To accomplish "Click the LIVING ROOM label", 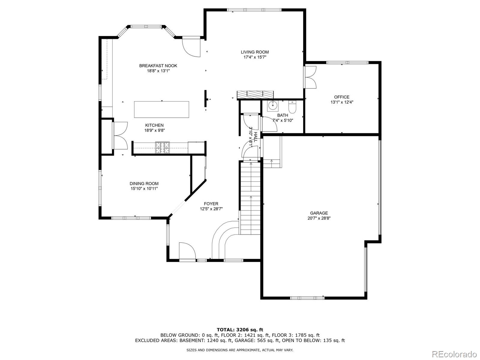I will [255, 52].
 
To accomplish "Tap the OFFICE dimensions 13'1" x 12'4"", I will [342, 102].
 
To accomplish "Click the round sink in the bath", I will [273, 106].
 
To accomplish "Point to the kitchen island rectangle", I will [161, 110].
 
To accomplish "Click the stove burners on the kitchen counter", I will [162, 147].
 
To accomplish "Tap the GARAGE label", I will [319, 213].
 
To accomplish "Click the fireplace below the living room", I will [255, 95].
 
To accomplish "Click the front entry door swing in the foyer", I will [187, 251].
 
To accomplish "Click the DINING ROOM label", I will [144, 183].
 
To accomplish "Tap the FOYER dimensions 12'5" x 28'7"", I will [211, 209].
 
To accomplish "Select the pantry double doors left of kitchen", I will [120, 135].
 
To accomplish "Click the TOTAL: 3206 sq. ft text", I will [240, 330].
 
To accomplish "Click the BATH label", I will [282, 115].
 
